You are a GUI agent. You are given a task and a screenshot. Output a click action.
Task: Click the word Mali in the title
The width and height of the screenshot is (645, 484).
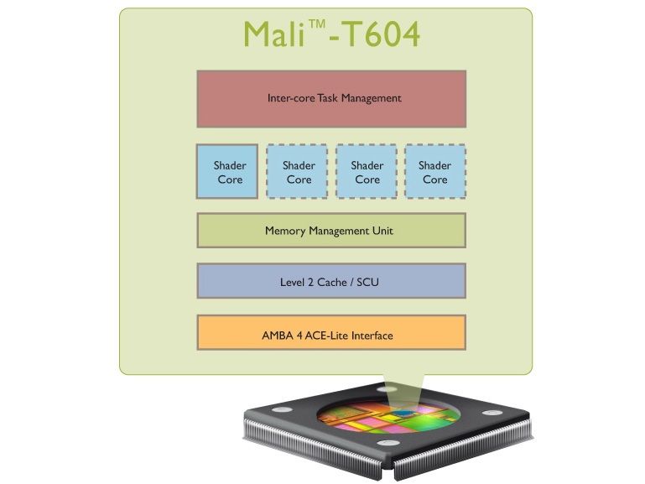273,35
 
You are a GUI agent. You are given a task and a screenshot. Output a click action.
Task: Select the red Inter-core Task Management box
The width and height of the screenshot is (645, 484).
331,98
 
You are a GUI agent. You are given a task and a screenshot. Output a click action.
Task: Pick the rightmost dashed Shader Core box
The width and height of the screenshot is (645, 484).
434,172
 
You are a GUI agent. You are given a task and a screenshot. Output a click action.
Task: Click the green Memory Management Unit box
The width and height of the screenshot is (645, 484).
331,231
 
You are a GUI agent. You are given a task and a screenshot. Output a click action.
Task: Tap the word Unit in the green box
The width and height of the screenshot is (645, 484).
382,231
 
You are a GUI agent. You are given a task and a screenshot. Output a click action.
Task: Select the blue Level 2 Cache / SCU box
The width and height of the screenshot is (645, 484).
331,281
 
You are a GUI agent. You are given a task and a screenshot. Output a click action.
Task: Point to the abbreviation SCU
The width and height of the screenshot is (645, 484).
368,282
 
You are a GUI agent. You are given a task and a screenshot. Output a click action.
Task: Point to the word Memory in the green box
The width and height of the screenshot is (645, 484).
285,231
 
